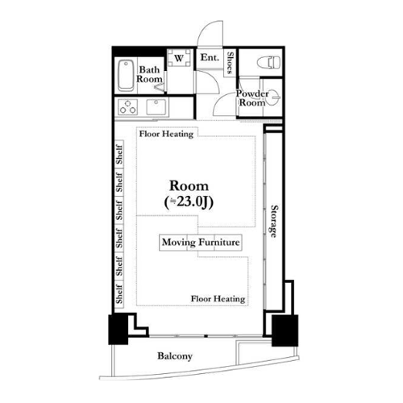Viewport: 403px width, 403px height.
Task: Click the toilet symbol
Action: coord(268,63)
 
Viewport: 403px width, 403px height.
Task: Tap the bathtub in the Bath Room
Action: coord(126,76)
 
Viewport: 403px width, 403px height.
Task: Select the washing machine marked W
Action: coord(179,58)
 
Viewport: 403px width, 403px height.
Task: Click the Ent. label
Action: coord(210,57)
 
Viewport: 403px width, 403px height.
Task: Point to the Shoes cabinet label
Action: coord(230,63)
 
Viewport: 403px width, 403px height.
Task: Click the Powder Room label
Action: coord(252,98)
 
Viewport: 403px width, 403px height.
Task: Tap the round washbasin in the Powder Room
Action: coord(274,97)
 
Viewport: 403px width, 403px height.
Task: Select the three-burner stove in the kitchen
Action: coord(128,106)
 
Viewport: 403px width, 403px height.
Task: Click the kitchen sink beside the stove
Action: coord(156,106)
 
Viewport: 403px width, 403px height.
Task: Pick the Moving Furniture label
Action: coord(201,243)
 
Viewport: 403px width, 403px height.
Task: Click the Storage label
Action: coord(274,222)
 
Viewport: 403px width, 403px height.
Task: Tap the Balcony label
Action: coord(175,356)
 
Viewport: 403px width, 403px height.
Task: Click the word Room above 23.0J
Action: coord(189,186)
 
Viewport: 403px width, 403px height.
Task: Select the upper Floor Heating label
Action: coord(166,134)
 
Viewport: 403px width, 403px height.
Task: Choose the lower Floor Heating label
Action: coord(218,299)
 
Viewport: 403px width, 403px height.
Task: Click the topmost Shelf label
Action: coord(119,155)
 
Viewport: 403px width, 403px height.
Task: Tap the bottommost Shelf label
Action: coord(119,294)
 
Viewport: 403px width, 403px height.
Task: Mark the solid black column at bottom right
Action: coord(285,330)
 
